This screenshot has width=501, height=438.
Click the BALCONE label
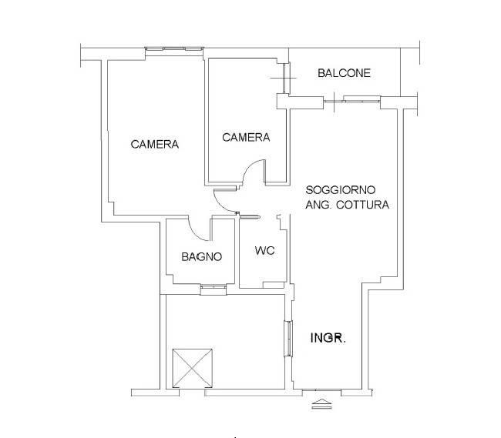[344, 73]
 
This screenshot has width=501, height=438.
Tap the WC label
[265, 250]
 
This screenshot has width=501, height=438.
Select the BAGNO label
[202, 256]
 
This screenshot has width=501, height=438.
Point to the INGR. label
[328, 338]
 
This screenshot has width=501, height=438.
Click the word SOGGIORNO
[340, 190]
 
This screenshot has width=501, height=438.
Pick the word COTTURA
[363, 205]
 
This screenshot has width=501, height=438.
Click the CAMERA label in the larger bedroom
[155, 144]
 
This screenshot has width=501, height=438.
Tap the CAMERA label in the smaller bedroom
[246, 137]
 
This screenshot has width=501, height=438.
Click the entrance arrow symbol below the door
[321, 404]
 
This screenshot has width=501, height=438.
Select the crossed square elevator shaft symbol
[193, 369]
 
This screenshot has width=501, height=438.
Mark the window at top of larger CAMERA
[174, 48]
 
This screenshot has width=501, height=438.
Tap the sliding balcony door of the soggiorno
[361, 99]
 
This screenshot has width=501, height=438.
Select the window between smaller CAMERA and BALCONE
[286, 79]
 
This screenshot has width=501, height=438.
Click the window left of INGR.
[288, 339]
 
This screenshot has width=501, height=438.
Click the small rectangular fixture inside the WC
[274, 285]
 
